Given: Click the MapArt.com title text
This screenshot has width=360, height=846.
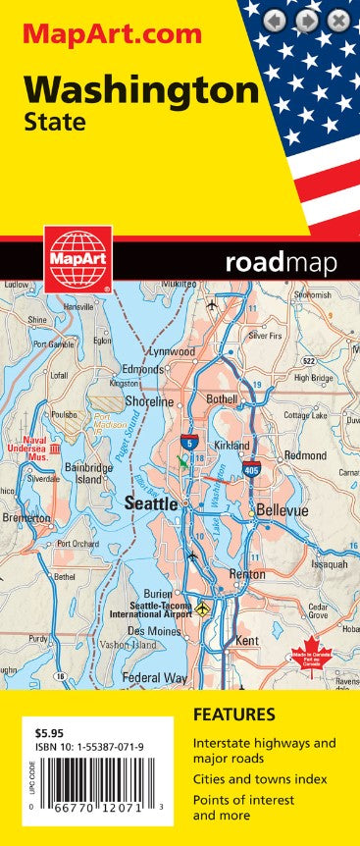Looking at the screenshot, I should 112,34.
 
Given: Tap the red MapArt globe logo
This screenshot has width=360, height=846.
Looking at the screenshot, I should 77,259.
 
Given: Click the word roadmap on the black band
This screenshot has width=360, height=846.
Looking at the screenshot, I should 280,262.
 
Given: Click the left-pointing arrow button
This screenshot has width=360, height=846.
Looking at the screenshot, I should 276,20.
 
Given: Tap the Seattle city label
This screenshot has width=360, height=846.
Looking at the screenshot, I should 151,502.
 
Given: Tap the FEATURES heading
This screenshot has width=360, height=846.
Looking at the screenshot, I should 233,714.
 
